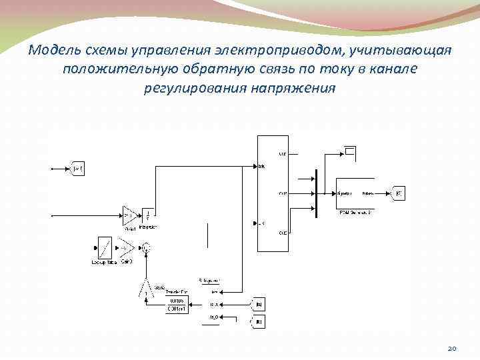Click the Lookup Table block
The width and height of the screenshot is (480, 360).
[x=104, y=248]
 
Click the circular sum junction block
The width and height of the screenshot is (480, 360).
[x=147, y=249]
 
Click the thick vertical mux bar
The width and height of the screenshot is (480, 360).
[x=316, y=193]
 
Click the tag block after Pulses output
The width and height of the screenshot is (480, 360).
[x=398, y=193]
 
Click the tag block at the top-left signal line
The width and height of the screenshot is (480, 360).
[x=77, y=169]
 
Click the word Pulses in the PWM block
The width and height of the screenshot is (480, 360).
[x=367, y=193]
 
